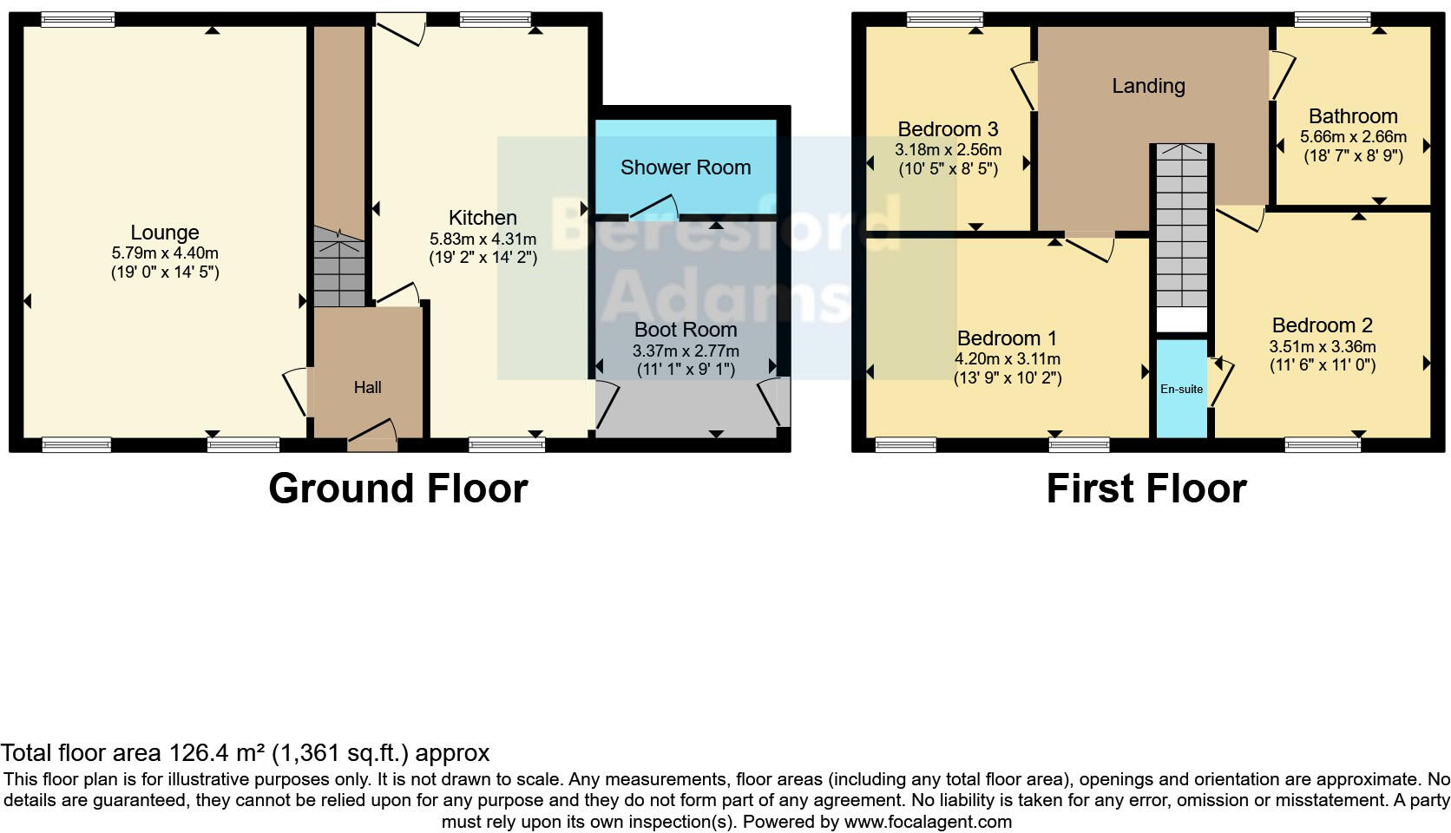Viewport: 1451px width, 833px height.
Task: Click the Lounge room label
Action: [165, 233]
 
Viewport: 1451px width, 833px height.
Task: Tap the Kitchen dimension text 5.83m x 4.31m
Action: [483, 239]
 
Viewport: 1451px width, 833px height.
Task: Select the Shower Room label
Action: [686, 167]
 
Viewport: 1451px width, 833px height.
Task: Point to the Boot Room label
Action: [686, 330]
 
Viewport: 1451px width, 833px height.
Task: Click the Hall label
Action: [367, 388]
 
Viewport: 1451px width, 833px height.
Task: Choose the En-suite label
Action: [1181, 389]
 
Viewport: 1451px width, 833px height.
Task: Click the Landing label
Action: [1148, 86]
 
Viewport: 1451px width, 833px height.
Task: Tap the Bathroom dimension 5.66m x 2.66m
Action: [1353, 137]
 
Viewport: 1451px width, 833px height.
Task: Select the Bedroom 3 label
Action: [948, 129]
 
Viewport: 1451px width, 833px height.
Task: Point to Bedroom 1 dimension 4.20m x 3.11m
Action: [1008, 358]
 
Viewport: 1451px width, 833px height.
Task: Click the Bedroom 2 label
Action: [1322, 325]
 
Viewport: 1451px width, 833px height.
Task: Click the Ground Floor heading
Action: [397, 489]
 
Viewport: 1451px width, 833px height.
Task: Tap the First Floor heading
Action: [1146, 489]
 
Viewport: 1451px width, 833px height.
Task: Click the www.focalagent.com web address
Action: [927, 821]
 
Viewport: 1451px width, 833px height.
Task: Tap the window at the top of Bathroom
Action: [1332, 19]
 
